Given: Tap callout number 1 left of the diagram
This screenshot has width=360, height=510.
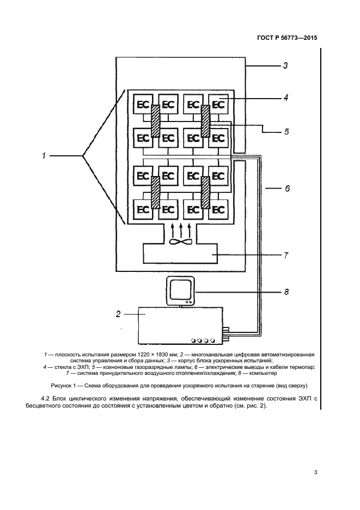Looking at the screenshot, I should pyautogui.click(x=42, y=156).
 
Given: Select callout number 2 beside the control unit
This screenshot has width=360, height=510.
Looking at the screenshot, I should pyautogui.click(x=118, y=314).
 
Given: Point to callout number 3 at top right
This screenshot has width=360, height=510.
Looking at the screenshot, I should pyautogui.click(x=285, y=66).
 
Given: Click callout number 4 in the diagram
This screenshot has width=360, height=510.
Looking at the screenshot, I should pyautogui.click(x=285, y=99).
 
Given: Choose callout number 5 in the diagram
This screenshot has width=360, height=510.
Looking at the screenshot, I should pyautogui.click(x=285, y=132).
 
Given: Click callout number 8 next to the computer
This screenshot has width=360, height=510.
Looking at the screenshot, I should pyautogui.click(x=285, y=293).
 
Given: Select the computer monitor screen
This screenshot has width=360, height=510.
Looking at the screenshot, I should pyautogui.click(x=180, y=290).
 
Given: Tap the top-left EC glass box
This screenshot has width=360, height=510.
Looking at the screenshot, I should pyautogui.click(x=143, y=104).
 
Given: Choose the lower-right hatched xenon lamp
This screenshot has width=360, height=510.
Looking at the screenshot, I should pyautogui.click(x=206, y=192).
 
